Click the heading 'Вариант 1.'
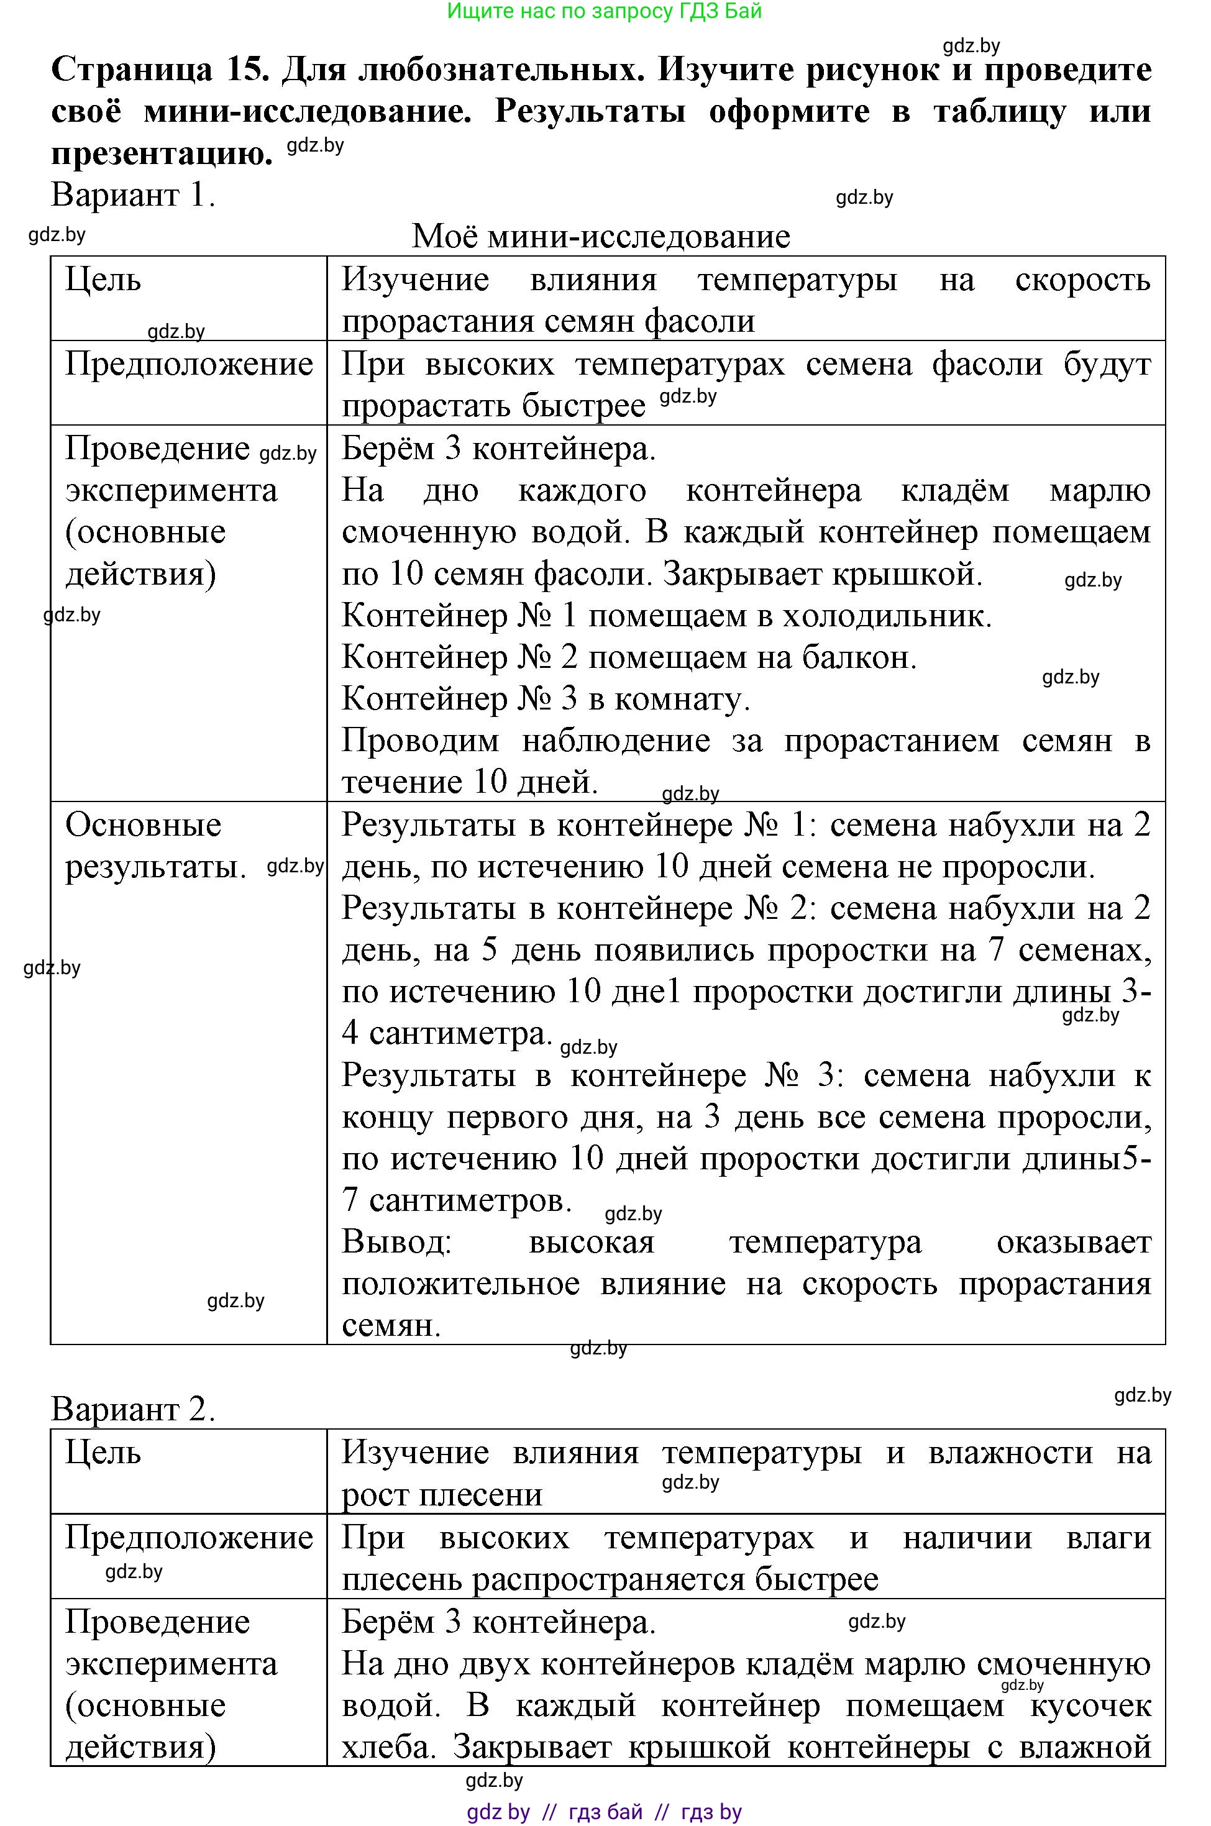pyautogui.click(x=133, y=194)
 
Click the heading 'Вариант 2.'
pyautogui.click(x=133, y=1409)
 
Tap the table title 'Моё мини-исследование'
pyautogui.click(x=601, y=236)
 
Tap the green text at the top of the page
pyautogui.click(x=604, y=11)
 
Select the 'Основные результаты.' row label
pyautogui.click(x=155, y=846)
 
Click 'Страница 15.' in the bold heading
pyautogui.click(x=160, y=70)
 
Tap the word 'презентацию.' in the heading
pyautogui.click(x=162, y=153)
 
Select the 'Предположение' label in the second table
pyautogui.click(x=190, y=1536)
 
